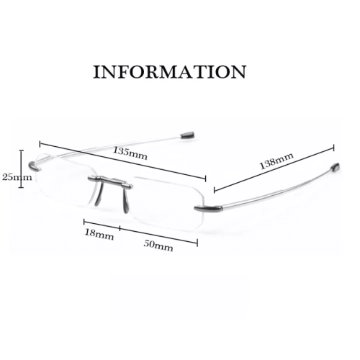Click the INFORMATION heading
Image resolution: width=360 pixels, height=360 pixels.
170,71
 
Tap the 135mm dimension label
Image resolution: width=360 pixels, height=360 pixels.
130,153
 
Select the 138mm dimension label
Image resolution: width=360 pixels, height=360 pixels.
276,161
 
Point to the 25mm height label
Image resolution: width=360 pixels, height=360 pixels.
17,177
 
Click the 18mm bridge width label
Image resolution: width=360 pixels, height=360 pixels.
99,234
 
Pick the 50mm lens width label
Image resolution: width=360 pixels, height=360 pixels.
158,246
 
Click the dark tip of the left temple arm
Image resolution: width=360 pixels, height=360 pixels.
188,135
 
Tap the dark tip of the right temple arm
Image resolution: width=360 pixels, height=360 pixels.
336,167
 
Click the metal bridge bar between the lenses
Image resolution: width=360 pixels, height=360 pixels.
110,181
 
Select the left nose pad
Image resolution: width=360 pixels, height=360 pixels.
98,195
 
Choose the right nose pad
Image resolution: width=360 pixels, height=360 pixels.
126,200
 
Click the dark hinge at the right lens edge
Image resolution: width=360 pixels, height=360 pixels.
208,208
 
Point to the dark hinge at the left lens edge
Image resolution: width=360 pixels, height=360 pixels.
35,166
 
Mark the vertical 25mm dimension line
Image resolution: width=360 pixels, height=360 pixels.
22,168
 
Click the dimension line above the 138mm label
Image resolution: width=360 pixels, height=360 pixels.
274,168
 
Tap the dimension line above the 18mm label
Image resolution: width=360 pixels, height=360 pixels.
102,225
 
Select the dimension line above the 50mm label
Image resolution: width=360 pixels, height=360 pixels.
158,235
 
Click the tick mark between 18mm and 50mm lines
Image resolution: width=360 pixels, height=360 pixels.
120,228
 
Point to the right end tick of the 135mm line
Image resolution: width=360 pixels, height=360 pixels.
205,179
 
